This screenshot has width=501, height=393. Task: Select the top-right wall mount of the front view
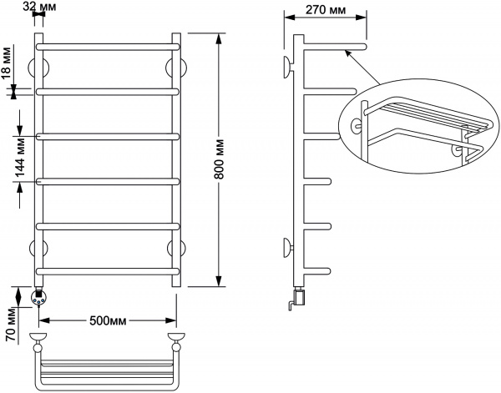click(x=175, y=66)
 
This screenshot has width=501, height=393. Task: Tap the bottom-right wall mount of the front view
click(x=175, y=248)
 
